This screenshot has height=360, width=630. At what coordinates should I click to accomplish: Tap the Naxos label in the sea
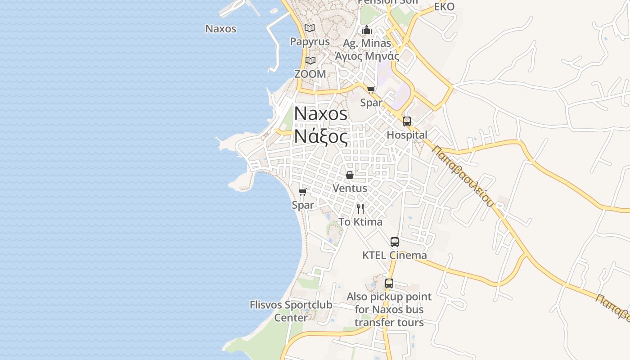[220, 29]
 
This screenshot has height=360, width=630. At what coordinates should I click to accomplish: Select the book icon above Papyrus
[310, 28]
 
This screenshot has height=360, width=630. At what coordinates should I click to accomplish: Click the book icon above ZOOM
[310, 60]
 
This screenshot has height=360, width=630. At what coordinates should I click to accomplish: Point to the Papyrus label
[310, 41]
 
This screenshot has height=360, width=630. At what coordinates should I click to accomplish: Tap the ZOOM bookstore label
[310, 74]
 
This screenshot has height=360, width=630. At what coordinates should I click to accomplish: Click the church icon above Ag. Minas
[367, 30]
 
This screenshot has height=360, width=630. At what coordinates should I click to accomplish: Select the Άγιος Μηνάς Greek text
[367, 56]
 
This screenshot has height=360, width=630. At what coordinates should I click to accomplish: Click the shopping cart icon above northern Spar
[371, 90]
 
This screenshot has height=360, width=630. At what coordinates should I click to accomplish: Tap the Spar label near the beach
[303, 205]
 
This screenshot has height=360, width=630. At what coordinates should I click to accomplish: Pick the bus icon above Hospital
[407, 121]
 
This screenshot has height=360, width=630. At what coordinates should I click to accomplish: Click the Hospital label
[407, 135]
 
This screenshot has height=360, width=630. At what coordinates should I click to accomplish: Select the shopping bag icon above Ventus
[350, 175]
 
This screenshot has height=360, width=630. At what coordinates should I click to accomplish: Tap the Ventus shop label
[350, 189]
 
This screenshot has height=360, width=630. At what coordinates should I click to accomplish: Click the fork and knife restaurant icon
[360, 208]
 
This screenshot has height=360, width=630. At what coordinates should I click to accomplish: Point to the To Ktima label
[360, 222]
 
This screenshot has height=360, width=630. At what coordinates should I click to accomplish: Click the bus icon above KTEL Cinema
[395, 242]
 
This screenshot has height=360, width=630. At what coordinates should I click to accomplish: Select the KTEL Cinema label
[395, 255]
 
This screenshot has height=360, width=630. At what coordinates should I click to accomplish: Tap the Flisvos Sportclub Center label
[291, 311]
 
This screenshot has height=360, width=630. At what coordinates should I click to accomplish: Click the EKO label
[444, 7]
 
